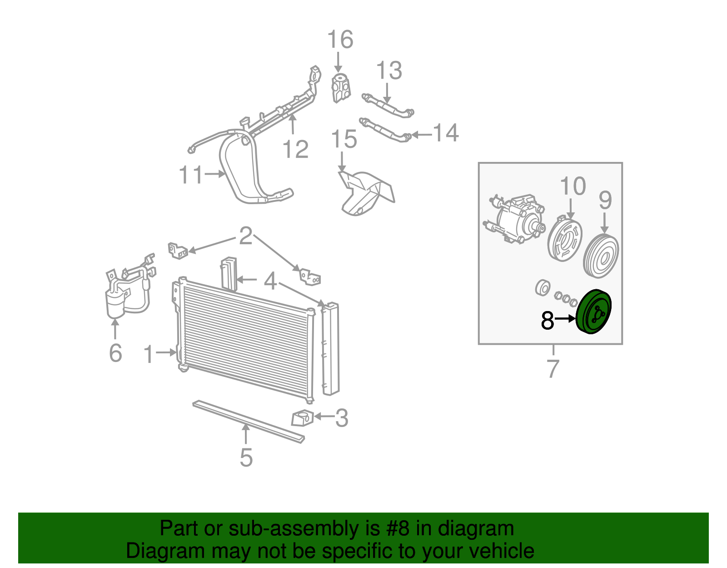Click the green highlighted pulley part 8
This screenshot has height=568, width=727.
pyautogui.click(x=593, y=312)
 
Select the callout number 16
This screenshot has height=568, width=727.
pyautogui.click(x=340, y=40)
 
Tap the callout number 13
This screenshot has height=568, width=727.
pyautogui.click(x=389, y=70)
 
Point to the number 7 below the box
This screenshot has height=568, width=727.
pyautogui.click(x=553, y=369)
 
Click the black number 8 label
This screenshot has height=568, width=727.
pyautogui.click(x=548, y=321)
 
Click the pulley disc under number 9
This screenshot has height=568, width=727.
pyautogui.click(x=601, y=256)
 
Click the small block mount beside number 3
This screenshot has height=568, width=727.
pyautogui.click(x=302, y=418)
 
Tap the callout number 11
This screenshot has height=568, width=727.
pyautogui.click(x=190, y=175)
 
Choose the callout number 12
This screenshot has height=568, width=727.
pyautogui.click(x=295, y=149)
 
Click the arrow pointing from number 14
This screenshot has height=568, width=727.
pyautogui.click(x=421, y=135)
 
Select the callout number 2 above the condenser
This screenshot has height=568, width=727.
pyautogui.click(x=245, y=236)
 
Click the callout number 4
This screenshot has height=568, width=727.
pyautogui.click(x=270, y=281)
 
